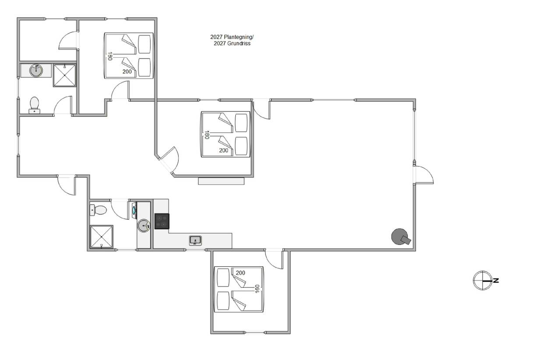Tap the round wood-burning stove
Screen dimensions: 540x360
(x=400, y=237)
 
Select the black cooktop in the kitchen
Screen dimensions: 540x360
(x=162, y=221)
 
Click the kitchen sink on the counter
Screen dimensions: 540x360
(x=195, y=241)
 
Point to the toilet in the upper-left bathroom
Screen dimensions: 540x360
(x=35, y=105)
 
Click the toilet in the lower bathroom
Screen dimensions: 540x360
(x=98, y=210)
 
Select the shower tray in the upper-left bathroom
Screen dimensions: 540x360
(x=64, y=75)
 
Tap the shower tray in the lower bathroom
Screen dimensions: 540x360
(x=101, y=237)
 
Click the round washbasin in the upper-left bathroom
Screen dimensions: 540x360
(x=36, y=70)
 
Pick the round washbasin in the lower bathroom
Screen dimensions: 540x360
(x=144, y=226)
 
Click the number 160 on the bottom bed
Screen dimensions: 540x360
(x=257, y=289)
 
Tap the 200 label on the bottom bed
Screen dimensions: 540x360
(x=240, y=273)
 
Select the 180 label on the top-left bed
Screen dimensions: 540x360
(x=110, y=56)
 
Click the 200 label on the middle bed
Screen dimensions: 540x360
(x=224, y=150)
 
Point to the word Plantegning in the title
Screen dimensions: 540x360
(x=238, y=37)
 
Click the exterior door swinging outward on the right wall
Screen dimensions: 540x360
(x=424, y=175)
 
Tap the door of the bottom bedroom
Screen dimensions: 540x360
(x=274, y=259)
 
